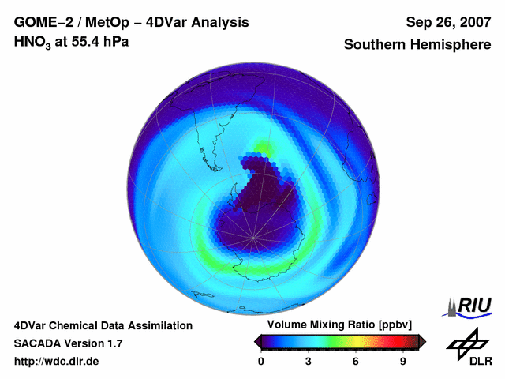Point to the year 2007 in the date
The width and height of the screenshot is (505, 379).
pyautogui.click(x=473, y=22)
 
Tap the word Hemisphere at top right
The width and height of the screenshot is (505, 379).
pyautogui.click(x=452, y=45)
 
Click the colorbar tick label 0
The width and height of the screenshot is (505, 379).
pyautogui.click(x=261, y=361)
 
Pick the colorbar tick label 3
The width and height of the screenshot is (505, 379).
pyautogui.click(x=309, y=361)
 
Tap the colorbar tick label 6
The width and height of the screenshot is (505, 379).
pyautogui.click(x=356, y=361)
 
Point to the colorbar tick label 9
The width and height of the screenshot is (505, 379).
pyautogui.click(x=402, y=361)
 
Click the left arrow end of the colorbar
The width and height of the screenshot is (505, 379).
pyautogui.click(x=258, y=341)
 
